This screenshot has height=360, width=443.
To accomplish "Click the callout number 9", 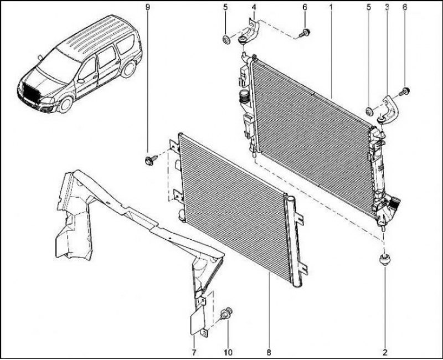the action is tap(147, 7).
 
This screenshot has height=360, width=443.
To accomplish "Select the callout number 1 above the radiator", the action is tap(330, 7).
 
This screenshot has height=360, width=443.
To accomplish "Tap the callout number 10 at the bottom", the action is tap(228, 352).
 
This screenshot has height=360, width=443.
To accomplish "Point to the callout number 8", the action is tap(269, 352).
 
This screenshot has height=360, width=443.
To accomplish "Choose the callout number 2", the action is tap(385, 352).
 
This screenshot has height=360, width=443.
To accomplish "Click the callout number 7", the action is tap(194, 352).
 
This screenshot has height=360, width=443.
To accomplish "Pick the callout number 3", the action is tap(387, 7).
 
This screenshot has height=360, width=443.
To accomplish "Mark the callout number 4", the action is tap(254, 7).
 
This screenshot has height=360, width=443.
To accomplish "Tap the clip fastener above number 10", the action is tap(226, 313).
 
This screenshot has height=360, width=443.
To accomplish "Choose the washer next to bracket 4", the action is tap(226, 40).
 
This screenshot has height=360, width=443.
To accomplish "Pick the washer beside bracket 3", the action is tap(369, 112).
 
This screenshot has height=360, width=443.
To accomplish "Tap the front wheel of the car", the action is tap(65, 104).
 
